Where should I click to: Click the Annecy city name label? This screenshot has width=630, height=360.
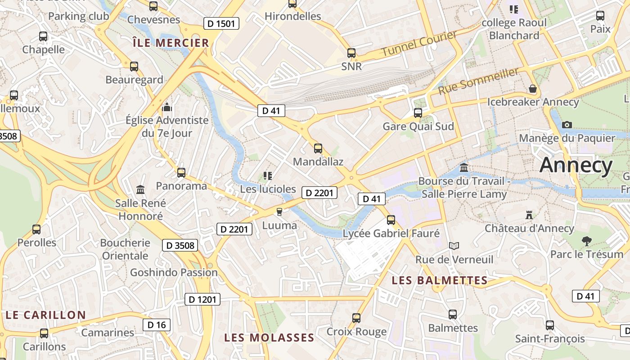(576, 165)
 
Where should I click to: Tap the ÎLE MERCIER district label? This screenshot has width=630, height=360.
(171, 43)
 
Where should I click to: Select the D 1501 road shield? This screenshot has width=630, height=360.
(221, 23)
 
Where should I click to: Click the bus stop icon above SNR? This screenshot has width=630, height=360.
(351, 53)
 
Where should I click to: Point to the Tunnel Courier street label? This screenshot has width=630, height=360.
(419, 44)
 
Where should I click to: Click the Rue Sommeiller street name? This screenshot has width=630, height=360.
(478, 81)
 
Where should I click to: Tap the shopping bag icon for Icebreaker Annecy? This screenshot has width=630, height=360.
(533, 89)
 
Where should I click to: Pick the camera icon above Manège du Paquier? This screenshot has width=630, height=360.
(567, 125)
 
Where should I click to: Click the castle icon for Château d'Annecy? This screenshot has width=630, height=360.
(529, 215)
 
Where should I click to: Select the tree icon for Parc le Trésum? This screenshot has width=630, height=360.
(586, 241)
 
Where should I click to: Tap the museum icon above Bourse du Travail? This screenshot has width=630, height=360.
(464, 168)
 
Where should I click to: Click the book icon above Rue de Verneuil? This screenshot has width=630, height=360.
(454, 246)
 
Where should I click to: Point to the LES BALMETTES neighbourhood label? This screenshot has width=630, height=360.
(440, 280)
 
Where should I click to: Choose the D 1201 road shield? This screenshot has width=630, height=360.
(202, 299)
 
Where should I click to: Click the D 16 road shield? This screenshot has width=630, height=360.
(157, 325)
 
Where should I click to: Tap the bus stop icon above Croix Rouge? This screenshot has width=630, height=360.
(356, 318)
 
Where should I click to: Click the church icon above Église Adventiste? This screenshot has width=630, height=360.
(167, 107)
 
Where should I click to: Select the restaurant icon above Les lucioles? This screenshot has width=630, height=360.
(268, 175)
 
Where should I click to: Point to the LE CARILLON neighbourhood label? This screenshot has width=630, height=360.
(45, 315)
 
